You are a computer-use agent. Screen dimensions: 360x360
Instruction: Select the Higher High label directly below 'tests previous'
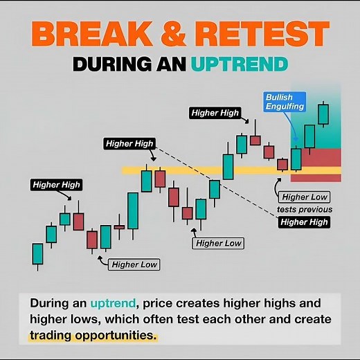tap(304, 222)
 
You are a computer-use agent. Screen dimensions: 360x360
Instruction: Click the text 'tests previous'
tap(305, 209)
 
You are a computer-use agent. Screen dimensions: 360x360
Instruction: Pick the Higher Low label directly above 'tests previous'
tap(305, 197)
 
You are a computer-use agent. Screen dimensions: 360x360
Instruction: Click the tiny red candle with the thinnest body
tap(119, 226)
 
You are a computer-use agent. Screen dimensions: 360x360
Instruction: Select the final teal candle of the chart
tap(323, 114)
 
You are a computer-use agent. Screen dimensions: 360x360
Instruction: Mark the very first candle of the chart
tap(37, 253)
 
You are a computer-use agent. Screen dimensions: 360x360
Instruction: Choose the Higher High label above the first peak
tap(56, 185)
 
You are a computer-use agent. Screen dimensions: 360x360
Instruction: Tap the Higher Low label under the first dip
tap(135, 264)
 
